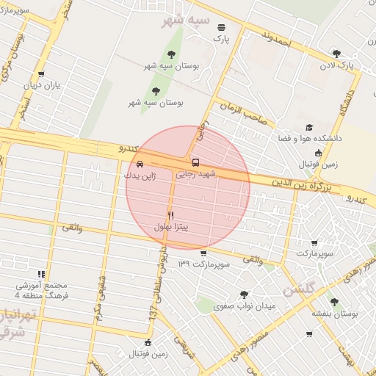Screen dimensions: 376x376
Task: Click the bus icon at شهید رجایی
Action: tap(195, 162)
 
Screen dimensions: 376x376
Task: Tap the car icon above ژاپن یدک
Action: tap(140, 163)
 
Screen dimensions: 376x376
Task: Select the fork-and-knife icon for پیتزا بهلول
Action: tap(171, 215)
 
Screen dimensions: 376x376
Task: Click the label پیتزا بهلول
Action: tap(171, 228)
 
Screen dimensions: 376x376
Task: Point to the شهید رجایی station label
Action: tap(195, 175)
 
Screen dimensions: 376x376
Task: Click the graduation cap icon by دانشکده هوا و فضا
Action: tap(308, 127)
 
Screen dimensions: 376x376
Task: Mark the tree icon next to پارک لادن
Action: tap(336, 53)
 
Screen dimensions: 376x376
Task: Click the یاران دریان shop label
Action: tap(40, 86)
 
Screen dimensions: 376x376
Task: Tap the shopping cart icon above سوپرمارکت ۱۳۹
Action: tap(203, 253)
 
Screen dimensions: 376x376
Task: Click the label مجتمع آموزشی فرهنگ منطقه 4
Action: tap(40, 290)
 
